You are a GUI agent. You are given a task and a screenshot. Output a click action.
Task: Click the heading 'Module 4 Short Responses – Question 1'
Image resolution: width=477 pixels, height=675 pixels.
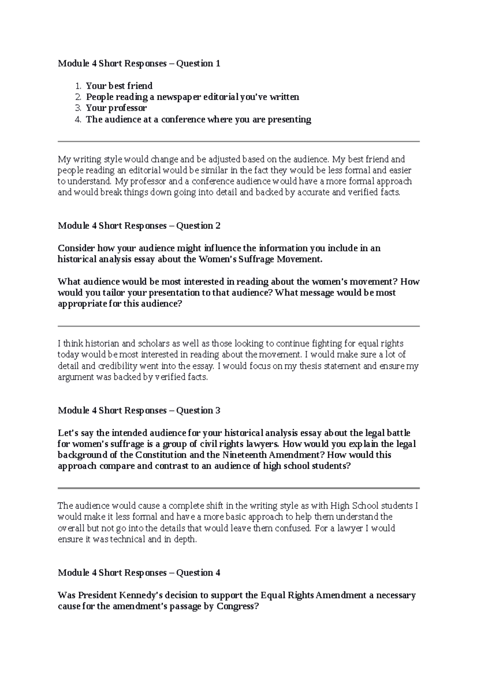tap(139, 64)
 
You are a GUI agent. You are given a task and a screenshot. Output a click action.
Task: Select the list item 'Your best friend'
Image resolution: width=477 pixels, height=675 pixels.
tap(119, 86)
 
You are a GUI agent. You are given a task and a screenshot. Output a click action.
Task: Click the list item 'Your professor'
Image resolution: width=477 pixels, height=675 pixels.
tap(116, 108)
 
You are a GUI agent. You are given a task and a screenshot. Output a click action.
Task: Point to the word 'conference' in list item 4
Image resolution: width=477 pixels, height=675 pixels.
tap(183, 120)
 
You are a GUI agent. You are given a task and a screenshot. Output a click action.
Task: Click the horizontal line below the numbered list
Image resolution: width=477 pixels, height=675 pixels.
tap(238, 141)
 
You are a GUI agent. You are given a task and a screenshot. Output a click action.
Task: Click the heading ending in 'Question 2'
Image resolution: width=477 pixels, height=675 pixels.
tap(139, 226)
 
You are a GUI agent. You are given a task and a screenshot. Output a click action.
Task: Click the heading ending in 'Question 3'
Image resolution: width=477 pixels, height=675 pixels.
tap(139, 411)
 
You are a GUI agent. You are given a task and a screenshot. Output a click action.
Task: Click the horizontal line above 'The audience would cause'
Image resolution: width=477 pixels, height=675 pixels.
tap(238, 488)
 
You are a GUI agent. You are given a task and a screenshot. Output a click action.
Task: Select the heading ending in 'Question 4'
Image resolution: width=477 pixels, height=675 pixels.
tap(139, 573)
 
